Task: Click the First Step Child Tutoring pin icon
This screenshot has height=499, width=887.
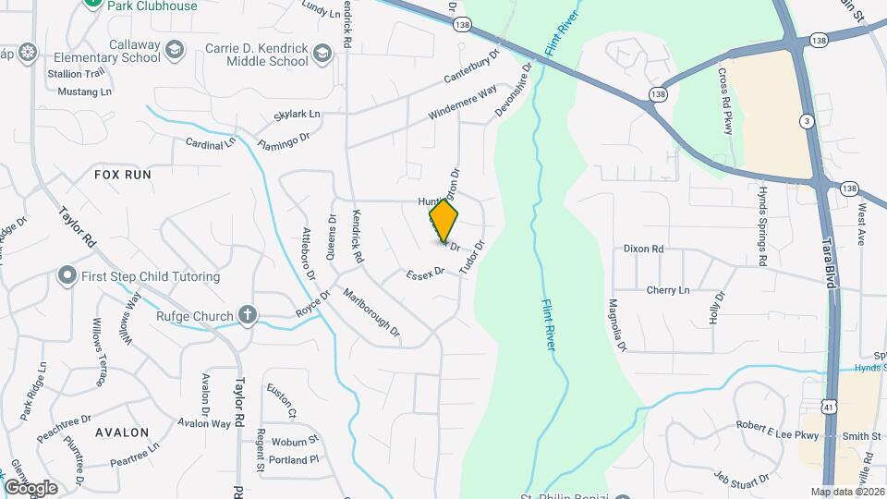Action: pos(67,275)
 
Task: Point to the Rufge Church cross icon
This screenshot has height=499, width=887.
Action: pos(247,316)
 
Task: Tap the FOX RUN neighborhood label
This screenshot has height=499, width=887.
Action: pos(122,174)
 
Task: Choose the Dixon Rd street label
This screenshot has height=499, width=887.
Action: pos(643,249)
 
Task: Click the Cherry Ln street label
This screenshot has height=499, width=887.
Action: pos(668,290)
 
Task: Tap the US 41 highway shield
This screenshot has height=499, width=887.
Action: pos(830,406)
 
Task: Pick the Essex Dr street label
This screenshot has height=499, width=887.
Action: pos(426,273)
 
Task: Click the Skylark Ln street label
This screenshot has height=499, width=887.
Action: pos(297,116)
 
